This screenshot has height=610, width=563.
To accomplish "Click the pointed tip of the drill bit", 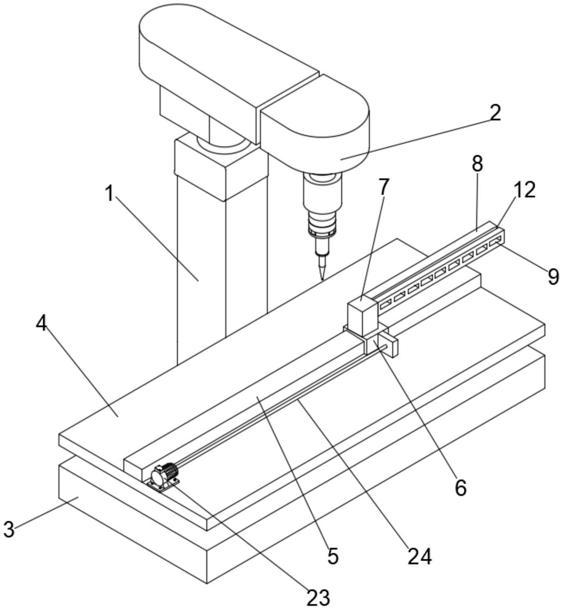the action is [322, 280].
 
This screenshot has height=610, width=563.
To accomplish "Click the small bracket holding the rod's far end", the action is [388, 346].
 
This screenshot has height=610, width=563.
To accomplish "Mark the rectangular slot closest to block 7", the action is [386, 305].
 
